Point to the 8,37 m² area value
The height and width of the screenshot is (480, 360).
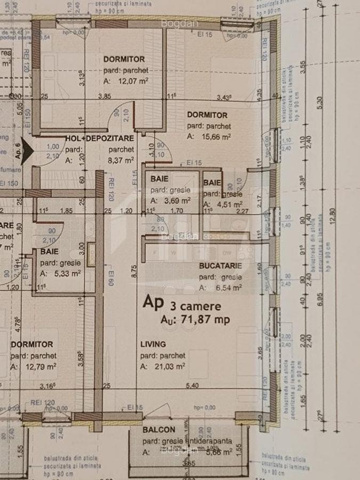120,160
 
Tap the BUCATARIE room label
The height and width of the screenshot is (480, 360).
221,265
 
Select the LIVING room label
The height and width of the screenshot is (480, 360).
153,344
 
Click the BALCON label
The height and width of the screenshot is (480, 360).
159,429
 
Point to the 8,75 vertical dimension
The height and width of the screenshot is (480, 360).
135,270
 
